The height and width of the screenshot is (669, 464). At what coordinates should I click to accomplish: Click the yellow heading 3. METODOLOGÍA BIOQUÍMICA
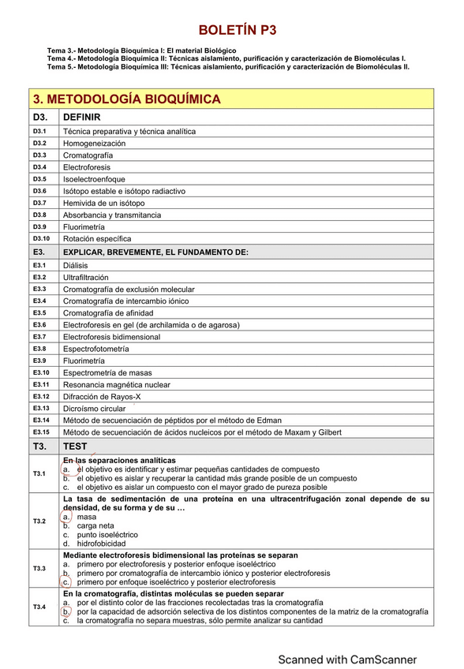[126, 99]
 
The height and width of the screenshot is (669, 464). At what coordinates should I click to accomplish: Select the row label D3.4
[40, 167]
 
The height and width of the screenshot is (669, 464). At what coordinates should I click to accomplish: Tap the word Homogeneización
[95, 144]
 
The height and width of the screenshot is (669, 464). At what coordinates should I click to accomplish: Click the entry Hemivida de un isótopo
[104, 203]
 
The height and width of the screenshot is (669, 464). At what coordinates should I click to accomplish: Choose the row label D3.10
[41, 238]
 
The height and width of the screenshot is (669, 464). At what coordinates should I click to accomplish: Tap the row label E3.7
[39, 337]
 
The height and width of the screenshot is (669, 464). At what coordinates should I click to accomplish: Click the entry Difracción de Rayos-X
[103, 396]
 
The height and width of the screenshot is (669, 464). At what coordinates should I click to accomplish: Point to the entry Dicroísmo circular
[95, 409]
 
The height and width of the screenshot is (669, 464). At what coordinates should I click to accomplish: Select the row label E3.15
[41, 432]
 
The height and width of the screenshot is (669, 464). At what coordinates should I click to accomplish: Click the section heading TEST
[76, 446]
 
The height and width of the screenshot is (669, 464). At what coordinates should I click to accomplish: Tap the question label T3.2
[39, 521]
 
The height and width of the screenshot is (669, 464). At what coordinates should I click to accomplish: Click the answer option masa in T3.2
[87, 517]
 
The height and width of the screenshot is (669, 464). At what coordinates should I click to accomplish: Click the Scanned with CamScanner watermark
[347, 659]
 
